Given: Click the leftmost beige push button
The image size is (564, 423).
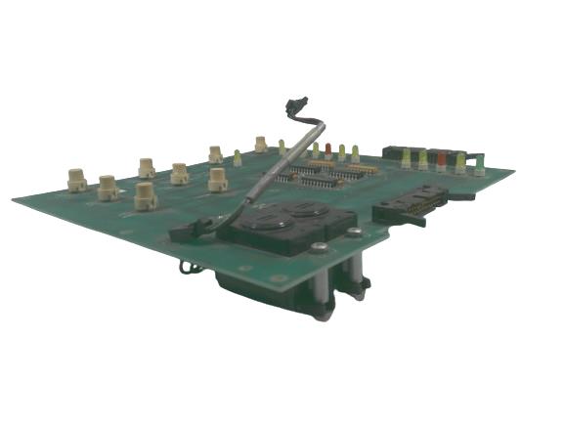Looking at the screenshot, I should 76,179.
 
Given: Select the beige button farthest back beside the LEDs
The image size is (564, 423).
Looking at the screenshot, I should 261,145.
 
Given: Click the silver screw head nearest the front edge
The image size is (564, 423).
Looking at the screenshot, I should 319,248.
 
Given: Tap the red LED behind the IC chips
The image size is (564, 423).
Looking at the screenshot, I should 328,150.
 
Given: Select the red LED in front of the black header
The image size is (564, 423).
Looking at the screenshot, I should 441,158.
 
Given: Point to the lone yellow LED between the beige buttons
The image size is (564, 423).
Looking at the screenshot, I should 237,157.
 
